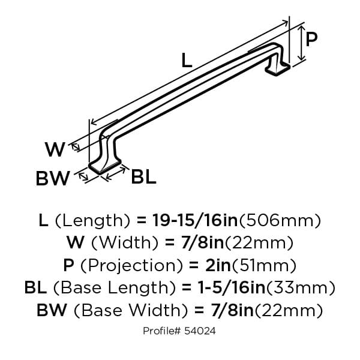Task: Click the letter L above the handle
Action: [x=187, y=60]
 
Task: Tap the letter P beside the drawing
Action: [x=311, y=39]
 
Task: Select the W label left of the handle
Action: [x=55, y=149]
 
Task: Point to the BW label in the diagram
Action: [x=53, y=178]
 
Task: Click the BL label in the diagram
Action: [x=143, y=177]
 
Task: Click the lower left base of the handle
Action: [x=104, y=166]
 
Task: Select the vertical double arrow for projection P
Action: [x=302, y=43]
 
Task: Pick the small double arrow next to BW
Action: [x=83, y=176]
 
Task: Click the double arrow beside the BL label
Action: [x=116, y=173]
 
